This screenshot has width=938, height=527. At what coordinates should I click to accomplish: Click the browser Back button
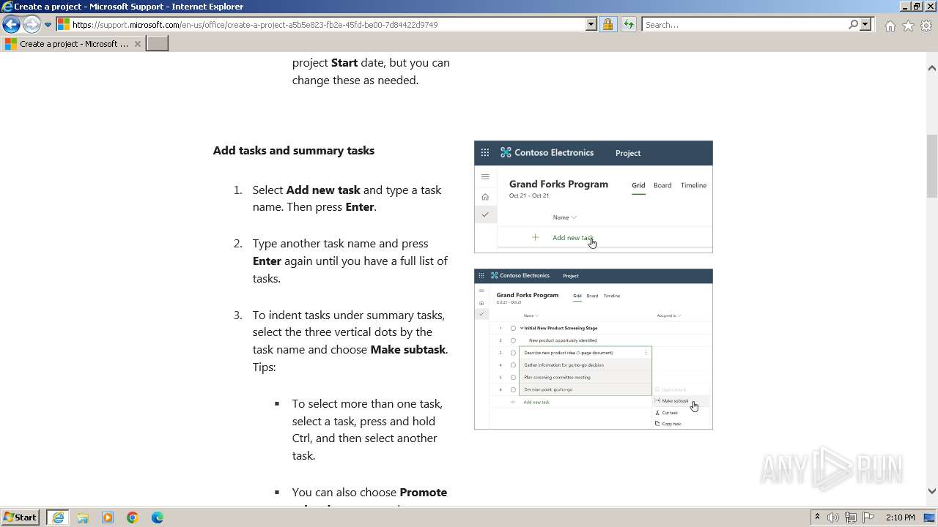[11, 25]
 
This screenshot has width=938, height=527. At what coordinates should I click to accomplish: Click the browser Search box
[744, 25]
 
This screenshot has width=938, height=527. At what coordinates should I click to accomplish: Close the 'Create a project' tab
[138, 44]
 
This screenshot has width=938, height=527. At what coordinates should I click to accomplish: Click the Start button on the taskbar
[21, 517]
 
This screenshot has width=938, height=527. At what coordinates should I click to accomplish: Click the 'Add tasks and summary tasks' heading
[293, 151]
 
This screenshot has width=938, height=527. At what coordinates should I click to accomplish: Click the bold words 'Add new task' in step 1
[323, 190]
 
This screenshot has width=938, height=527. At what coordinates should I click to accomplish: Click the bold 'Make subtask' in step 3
[407, 350]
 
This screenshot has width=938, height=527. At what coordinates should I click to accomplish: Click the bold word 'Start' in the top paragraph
[344, 63]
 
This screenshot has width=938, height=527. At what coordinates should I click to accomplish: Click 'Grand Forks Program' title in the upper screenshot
[558, 184]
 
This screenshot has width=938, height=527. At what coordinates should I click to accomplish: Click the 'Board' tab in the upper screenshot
[662, 185]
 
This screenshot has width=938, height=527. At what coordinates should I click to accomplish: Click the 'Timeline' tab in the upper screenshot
[693, 185]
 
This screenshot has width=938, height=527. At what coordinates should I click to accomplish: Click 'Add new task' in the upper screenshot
[572, 238]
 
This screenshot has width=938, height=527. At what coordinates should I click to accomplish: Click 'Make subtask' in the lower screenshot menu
[675, 401]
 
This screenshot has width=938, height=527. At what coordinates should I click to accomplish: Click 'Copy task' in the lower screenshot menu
[671, 424]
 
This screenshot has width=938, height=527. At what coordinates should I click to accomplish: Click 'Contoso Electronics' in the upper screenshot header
[553, 153]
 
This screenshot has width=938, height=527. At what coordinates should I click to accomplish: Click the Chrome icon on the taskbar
[133, 517]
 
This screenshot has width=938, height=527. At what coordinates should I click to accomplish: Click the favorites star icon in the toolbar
[908, 26]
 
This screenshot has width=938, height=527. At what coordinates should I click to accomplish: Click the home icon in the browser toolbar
[890, 26]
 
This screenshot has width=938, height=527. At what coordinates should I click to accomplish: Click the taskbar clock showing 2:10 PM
[900, 517]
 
